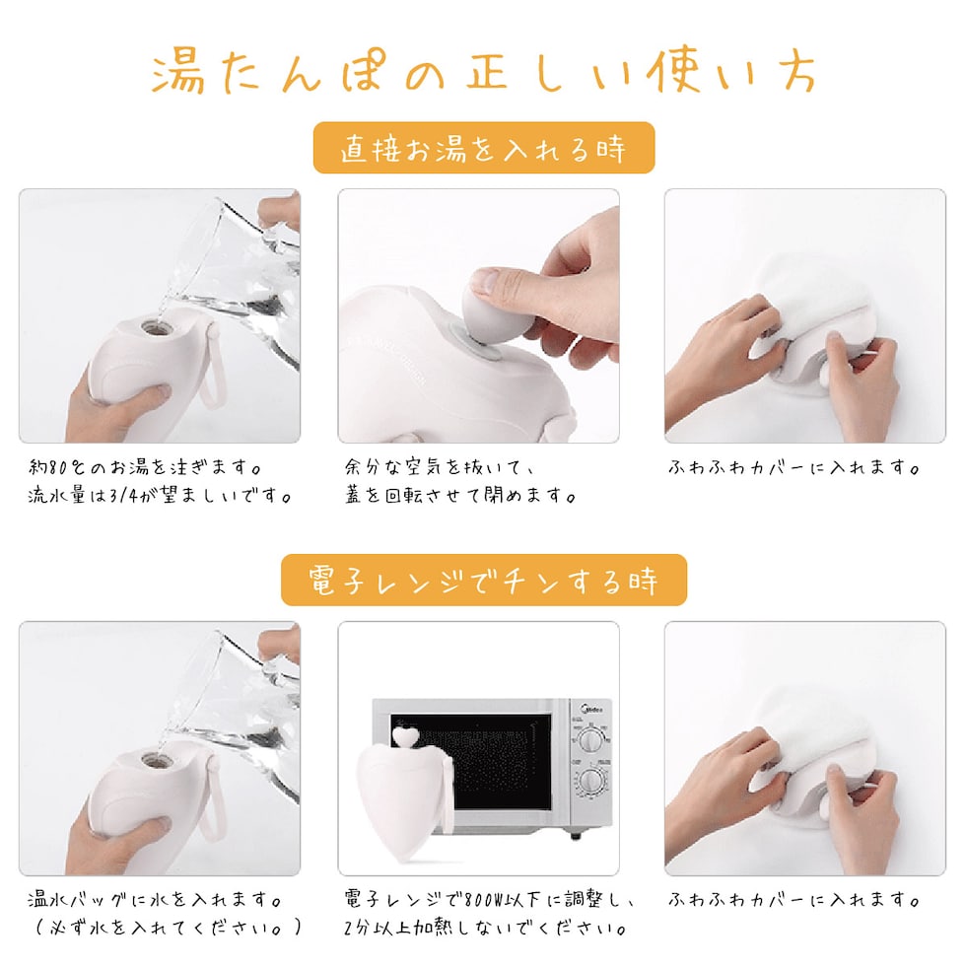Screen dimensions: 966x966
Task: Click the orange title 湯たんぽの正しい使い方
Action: tap(484, 73)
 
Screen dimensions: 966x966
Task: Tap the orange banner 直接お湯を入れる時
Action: tap(484, 148)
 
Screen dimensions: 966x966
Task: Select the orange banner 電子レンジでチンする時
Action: tap(484, 580)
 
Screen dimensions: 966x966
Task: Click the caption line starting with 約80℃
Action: tap(146, 467)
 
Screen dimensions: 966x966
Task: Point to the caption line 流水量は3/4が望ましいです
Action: tap(160, 495)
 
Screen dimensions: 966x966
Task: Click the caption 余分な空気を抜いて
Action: tap(440, 467)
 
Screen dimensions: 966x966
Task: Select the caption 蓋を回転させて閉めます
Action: tap(461, 495)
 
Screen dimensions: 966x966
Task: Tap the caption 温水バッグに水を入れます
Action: tap(155, 900)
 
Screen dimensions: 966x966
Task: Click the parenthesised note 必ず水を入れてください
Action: tap(168, 928)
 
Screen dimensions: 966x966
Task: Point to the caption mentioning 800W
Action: tap(490, 900)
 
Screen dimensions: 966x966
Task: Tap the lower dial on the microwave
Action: tap(591, 782)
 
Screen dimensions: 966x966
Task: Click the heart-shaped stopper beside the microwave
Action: tap(406, 735)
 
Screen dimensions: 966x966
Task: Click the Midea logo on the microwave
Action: tap(591, 709)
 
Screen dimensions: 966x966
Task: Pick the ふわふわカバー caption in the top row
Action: tap(794, 467)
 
